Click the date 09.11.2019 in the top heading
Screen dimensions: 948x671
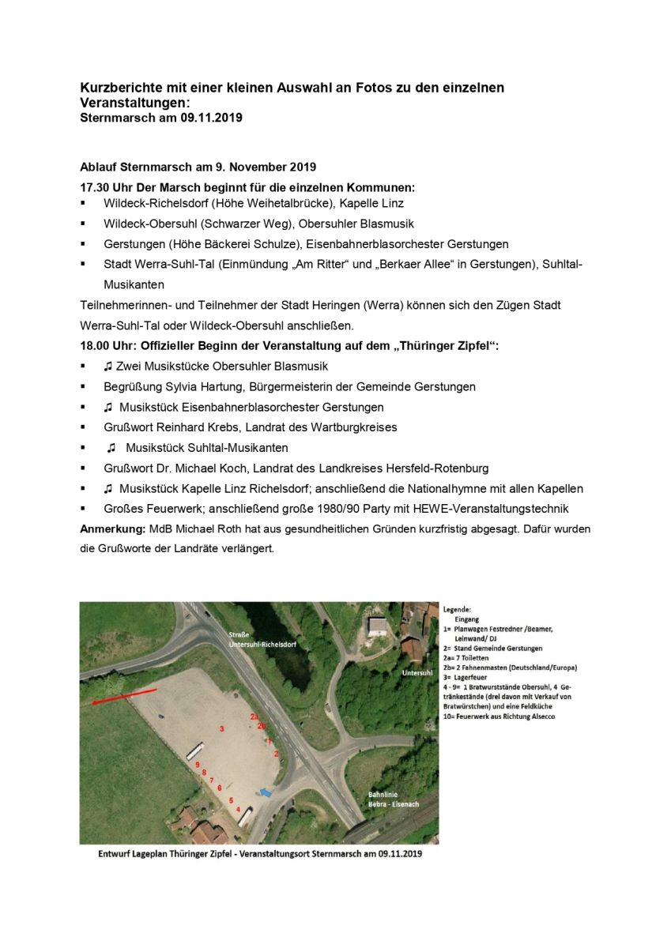(x=211, y=118)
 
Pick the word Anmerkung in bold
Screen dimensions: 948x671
(x=111, y=529)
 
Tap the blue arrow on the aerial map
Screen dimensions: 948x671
(x=266, y=790)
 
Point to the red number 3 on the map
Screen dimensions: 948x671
(x=222, y=728)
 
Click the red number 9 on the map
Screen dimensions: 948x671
(x=197, y=764)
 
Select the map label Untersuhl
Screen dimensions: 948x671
(x=416, y=673)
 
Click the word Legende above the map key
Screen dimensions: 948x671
(x=458, y=609)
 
